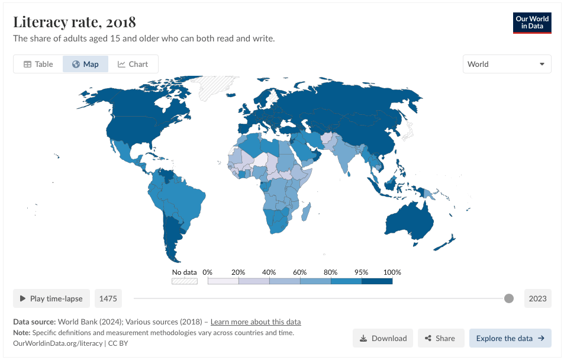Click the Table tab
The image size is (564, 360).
pyautogui.click(x=38, y=64)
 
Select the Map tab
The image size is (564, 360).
pyautogui.click(x=85, y=64)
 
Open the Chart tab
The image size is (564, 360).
pyautogui.click(x=133, y=64)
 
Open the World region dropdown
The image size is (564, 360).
pyautogui.click(x=507, y=64)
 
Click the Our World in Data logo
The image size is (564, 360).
pyautogui.click(x=532, y=22)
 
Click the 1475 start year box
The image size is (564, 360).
pyautogui.click(x=108, y=298)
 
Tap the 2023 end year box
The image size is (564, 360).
pyautogui.click(x=537, y=298)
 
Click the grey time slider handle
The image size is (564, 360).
pyautogui.click(x=509, y=298)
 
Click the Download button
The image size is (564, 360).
pyautogui.click(x=383, y=338)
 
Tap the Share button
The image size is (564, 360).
pyautogui.click(x=439, y=338)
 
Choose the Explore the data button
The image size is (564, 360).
pyautogui.click(x=510, y=338)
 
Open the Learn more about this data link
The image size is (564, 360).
pyautogui.click(x=256, y=322)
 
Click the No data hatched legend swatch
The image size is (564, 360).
pyautogui.click(x=184, y=281)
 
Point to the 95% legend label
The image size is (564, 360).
pyautogui.click(x=362, y=272)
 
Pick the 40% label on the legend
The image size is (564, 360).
pyautogui.click(x=269, y=272)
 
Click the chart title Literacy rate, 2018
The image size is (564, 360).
pyautogui.click(x=75, y=22)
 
